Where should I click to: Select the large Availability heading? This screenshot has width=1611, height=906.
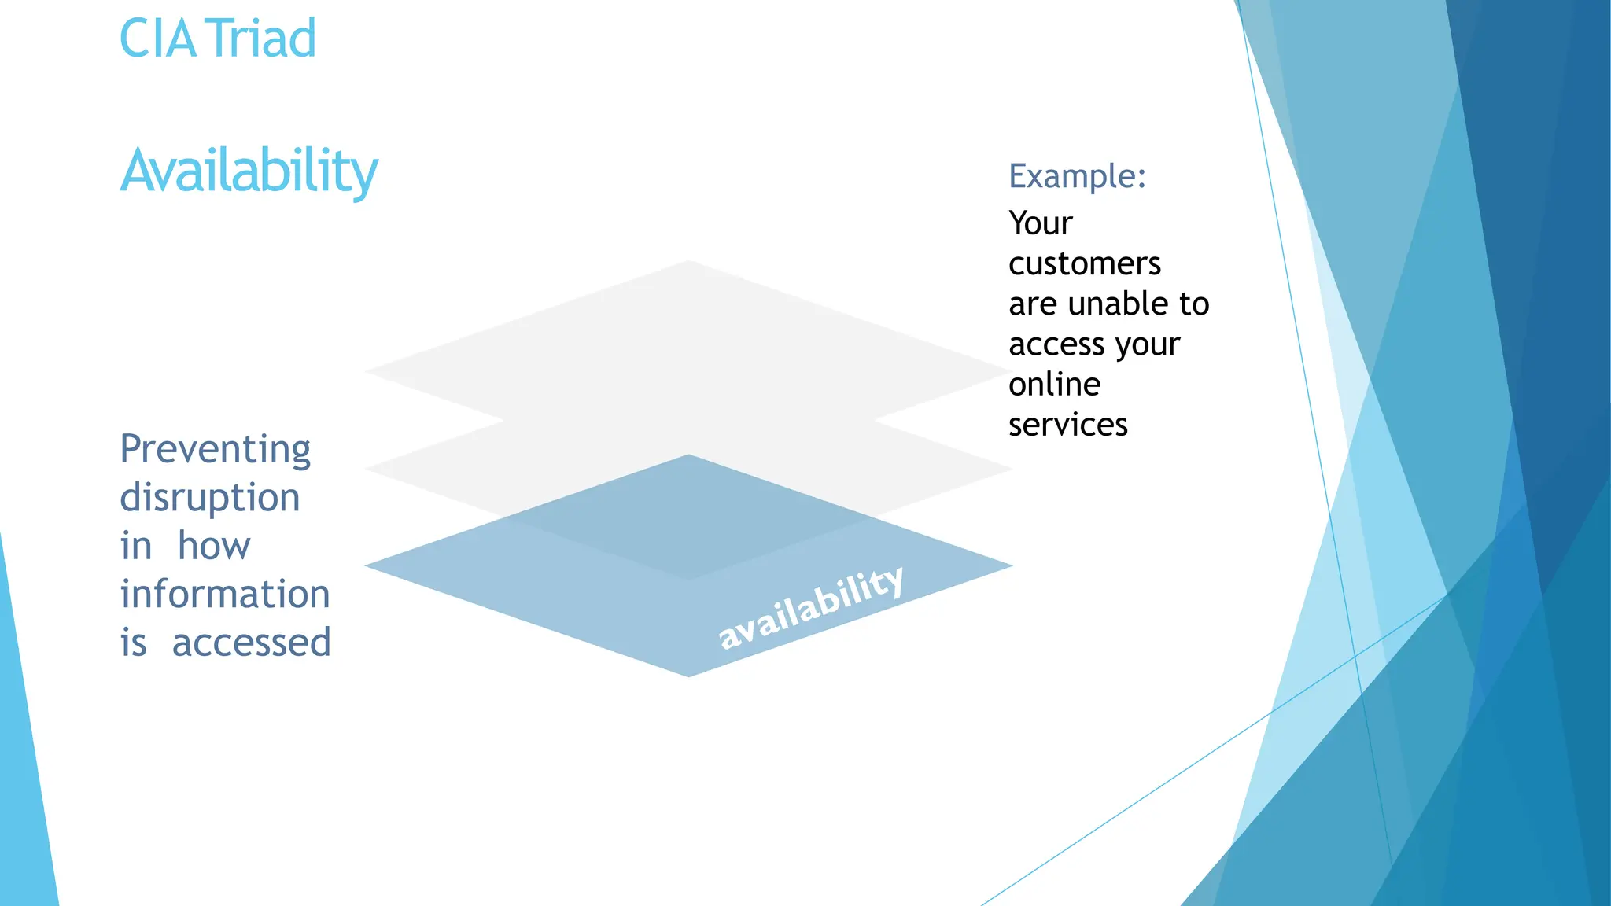click(249, 171)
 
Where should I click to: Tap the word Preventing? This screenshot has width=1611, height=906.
click(215, 451)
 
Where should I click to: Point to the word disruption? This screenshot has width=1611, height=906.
click(209, 499)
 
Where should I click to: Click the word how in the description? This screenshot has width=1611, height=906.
click(214, 546)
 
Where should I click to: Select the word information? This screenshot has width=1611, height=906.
click(224, 594)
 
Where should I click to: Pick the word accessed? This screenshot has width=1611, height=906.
click(251, 643)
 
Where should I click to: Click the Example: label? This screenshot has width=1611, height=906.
click(1076, 176)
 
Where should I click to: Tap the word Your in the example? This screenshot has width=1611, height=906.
click(1040, 223)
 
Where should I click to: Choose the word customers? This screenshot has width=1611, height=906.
click(1084, 263)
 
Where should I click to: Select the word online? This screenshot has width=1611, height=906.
click(1054, 385)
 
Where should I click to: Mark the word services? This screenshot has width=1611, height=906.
click(1067, 425)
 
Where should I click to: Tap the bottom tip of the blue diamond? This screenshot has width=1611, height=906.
click(688, 674)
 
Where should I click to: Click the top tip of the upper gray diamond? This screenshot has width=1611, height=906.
click(688, 263)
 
